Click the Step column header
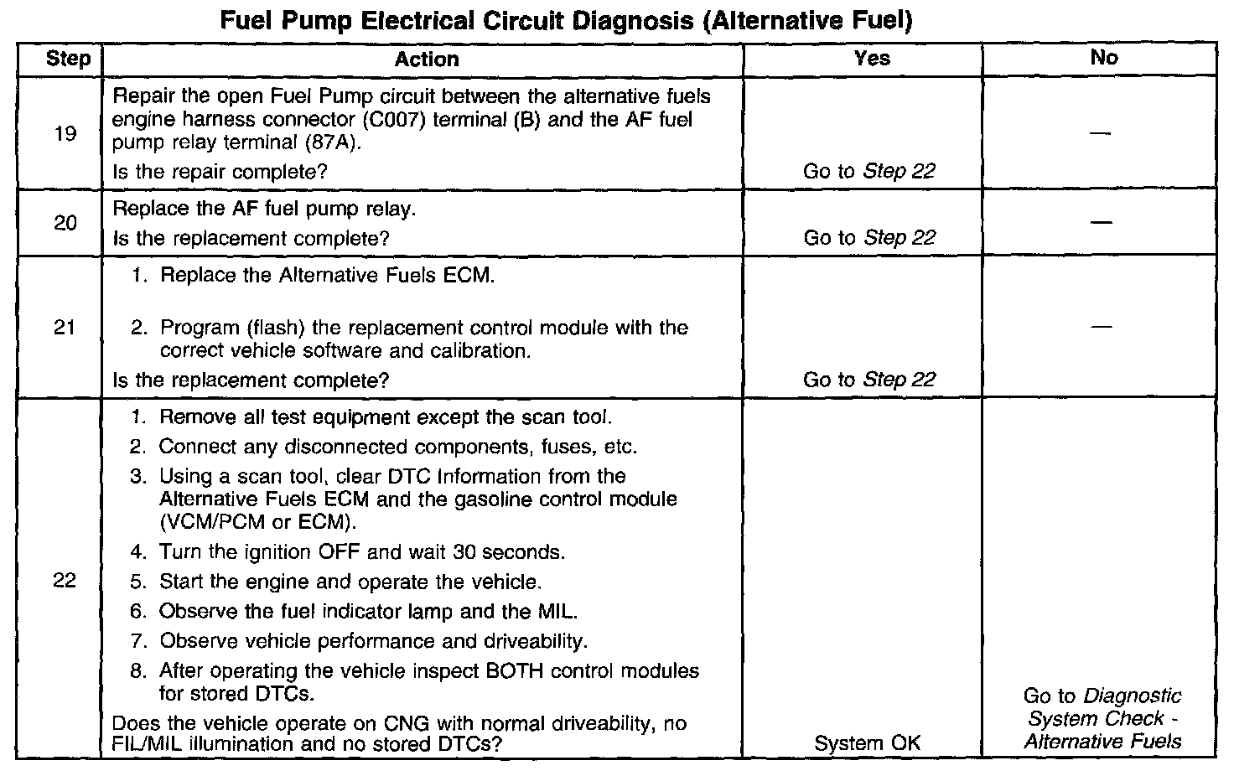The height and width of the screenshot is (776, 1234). (x=68, y=59)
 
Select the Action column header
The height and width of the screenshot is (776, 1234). (x=427, y=59)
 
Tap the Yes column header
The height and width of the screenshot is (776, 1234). (x=871, y=58)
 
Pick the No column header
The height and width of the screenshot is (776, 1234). (x=1103, y=57)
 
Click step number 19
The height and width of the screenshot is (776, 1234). (x=65, y=133)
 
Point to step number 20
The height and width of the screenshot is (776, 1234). (x=65, y=223)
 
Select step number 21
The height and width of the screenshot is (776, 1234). (x=65, y=328)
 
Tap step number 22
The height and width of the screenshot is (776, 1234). (x=65, y=581)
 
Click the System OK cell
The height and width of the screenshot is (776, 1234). (x=867, y=742)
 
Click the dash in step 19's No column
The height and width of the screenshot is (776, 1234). (x=1102, y=134)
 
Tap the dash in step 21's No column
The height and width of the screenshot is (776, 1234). (x=1102, y=328)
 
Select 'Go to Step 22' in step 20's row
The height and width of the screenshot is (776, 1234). (x=868, y=238)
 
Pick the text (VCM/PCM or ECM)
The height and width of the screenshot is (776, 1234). (x=257, y=522)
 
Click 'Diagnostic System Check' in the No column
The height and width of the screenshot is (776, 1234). (x=1102, y=708)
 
